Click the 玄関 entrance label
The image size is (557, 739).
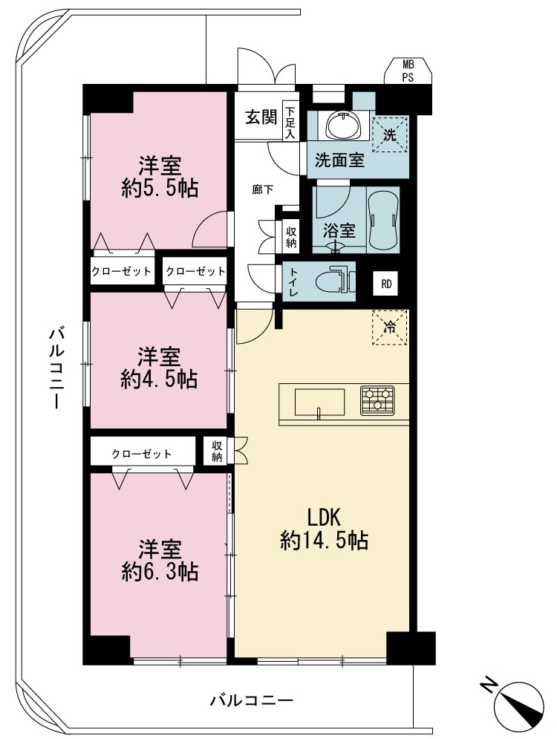pyautogui.click(x=261, y=117)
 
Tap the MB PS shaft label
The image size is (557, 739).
pyautogui.click(x=408, y=71)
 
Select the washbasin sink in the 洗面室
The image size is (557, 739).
pyautogui.click(x=344, y=126)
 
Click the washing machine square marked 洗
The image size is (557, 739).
pyautogui.click(x=389, y=134)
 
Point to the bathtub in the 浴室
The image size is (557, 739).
pyautogui.click(x=383, y=220)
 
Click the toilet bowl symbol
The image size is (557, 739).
pyautogui.click(x=331, y=282)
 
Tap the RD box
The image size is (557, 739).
pyautogui.click(x=385, y=284)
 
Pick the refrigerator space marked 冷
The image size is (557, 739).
pyautogui.click(x=390, y=327)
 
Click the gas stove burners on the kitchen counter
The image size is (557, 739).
pyautogui.click(x=377, y=400)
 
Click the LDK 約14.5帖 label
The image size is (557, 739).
pyautogui.click(x=325, y=530)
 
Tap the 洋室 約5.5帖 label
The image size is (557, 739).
pyautogui.click(x=159, y=178)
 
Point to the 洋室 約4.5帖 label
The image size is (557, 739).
pyautogui.click(x=159, y=368)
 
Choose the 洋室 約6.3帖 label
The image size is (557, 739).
pyautogui.click(x=159, y=560)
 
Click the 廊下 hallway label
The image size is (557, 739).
pyautogui.click(x=262, y=190)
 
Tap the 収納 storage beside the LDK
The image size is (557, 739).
pyautogui.click(x=217, y=451)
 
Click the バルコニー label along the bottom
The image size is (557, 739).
pyautogui.click(x=252, y=700)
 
